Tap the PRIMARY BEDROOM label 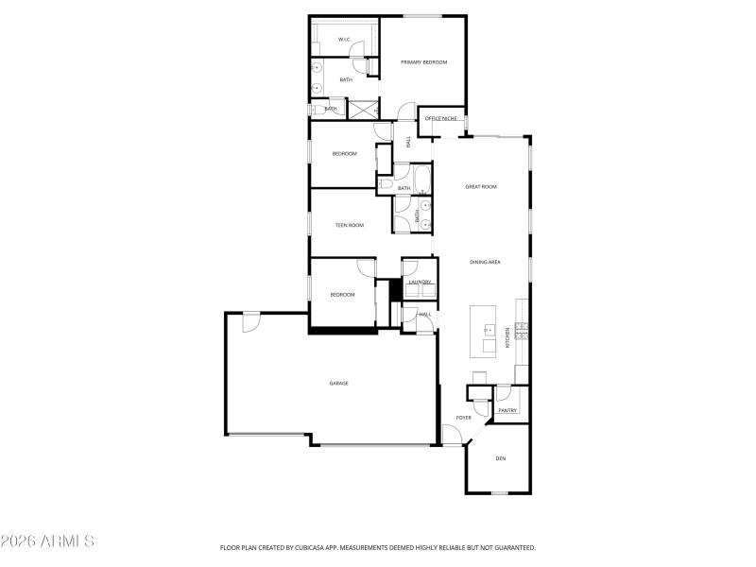click(423, 62)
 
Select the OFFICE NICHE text click(440, 119)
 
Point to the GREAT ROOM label click(481, 187)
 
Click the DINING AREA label click(485, 262)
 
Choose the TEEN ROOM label click(350, 225)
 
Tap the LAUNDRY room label click(420, 282)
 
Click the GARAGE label click(338, 383)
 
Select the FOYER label click(464, 417)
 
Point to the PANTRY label click(507, 410)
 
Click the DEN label click(501, 459)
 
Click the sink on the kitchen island click(490, 330)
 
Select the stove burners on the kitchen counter click(521, 327)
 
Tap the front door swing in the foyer click(454, 436)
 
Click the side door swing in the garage click(250, 321)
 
